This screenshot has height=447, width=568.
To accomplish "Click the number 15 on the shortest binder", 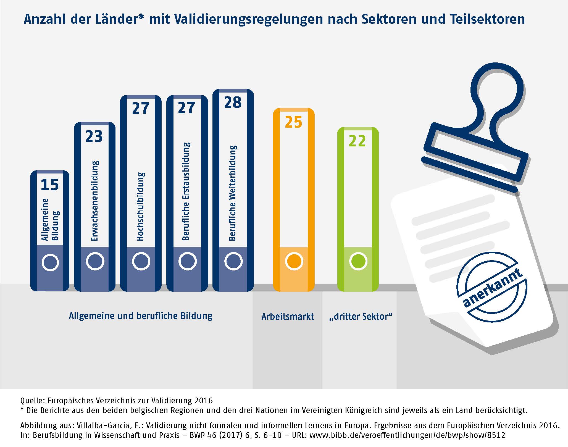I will tap(50, 185).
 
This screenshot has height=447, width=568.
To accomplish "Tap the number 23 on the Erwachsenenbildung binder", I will tap(94, 136).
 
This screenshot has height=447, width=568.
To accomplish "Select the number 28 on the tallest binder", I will tap(233, 102).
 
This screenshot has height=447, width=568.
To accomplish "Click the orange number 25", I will tap(293, 122).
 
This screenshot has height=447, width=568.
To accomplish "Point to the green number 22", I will tap(357, 141).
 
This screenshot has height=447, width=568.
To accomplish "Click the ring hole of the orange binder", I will tap(294, 261).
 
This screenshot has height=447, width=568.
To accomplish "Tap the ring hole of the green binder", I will tap(358, 261).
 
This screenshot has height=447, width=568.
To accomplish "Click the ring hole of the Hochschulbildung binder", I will tap(141, 261).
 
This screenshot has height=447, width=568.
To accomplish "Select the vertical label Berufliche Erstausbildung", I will tap(186, 191).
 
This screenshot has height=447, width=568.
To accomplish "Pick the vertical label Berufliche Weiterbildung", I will tap(233, 193).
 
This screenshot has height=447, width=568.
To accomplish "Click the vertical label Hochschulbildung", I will tap(141, 206).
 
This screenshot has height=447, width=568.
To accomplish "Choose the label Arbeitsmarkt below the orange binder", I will tap(288, 316).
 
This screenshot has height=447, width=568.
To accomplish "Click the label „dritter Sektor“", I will tap(361, 316).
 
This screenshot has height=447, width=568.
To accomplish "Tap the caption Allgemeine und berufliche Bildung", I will tap(141, 316).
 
